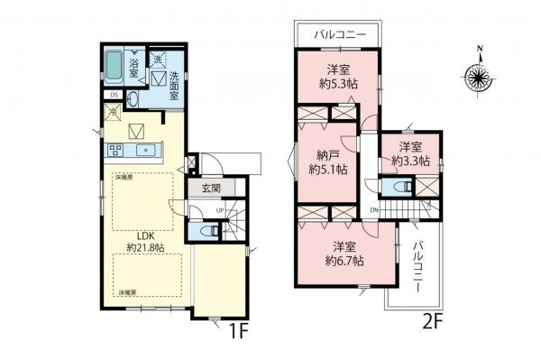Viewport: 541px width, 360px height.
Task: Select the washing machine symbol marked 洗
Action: [x=156, y=60]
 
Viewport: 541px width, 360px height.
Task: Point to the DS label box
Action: [x=114, y=94]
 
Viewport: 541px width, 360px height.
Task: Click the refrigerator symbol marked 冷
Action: [x=114, y=114]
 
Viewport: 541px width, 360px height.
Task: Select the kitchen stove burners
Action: [x=116, y=150]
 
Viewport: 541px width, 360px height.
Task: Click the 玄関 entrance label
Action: [x=211, y=189]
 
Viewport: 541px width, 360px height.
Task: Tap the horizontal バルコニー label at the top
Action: [x=340, y=34]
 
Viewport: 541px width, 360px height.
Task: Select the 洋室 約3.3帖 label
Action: [x=410, y=153]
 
